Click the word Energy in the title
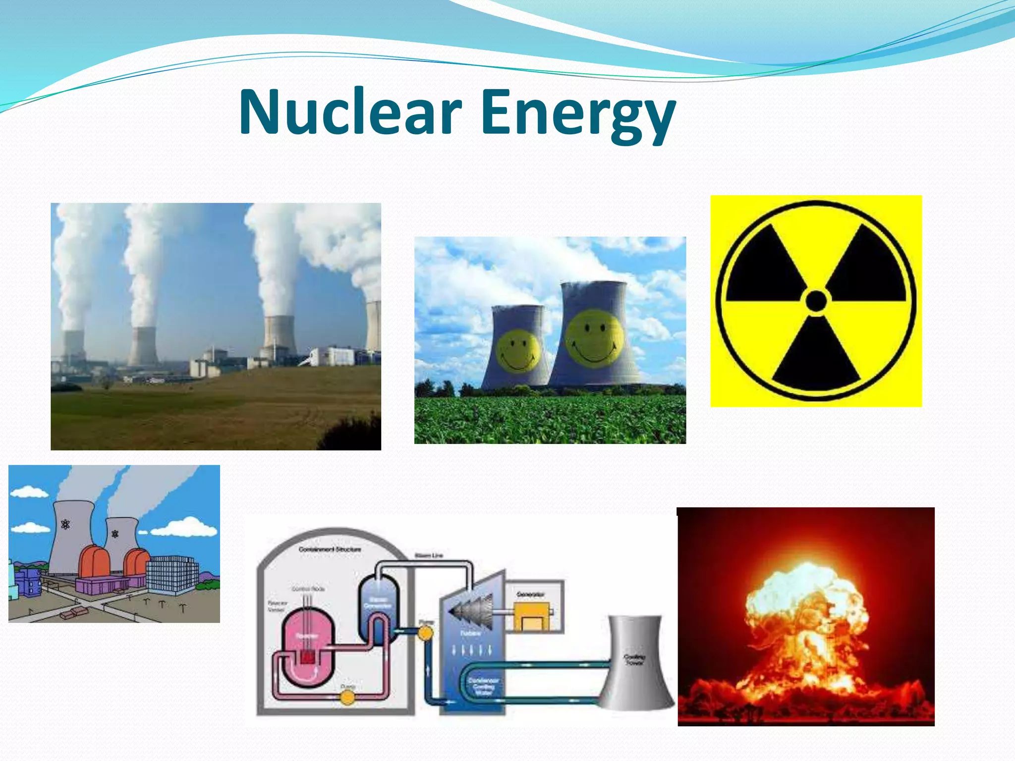pyautogui.click(x=578, y=114)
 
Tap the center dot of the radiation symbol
pyautogui.click(x=816, y=301)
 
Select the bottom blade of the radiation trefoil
pyautogui.click(x=816, y=354)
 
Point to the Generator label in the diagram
pyautogui.click(x=530, y=594)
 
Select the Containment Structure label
pyautogui.click(x=330, y=549)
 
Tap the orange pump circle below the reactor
pyautogui.click(x=347, y=698)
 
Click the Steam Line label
pyautogui.click(x=429, y=555)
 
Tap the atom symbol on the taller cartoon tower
pyautogui.click(x=65, y=524)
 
